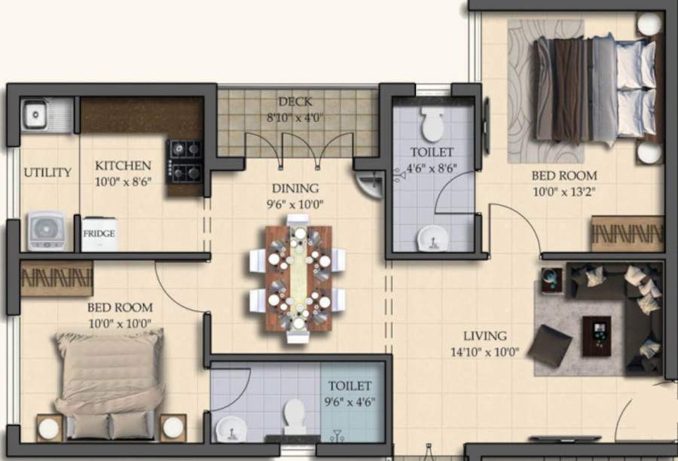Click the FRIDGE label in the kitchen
coord(99,234)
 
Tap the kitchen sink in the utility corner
coord(36,115)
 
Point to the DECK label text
coord(295,102)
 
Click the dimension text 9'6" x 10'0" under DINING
coord(295,203)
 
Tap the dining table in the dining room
coord(298,279)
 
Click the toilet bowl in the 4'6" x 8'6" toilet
coord(432,124)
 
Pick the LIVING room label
coord(485,336)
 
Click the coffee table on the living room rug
coord(596,336)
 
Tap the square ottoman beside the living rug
coord(549,346)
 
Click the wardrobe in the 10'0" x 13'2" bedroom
coord(627,234)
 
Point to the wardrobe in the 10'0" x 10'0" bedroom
coord(56,279)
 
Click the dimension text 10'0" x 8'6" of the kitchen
coord(123,181)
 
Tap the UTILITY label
coord(47,172)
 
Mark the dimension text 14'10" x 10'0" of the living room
coord(485,351)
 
